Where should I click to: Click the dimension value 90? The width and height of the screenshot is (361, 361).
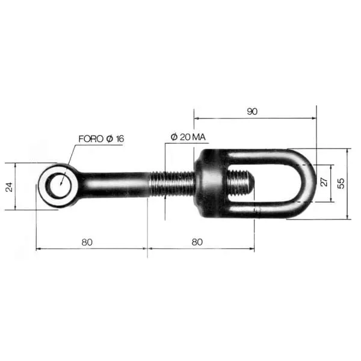[252, 111]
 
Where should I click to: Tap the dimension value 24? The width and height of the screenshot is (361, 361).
[9, 187]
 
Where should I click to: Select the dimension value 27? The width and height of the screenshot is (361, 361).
[324, 182]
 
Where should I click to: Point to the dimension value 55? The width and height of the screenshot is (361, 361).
[341, 184]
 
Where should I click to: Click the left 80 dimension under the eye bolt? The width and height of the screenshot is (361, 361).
[87, 242]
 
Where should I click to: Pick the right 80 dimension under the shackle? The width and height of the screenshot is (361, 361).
[197, 242]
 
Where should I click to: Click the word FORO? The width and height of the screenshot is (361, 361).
[91, 139]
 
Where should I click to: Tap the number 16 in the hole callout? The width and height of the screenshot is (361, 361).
[120, 138]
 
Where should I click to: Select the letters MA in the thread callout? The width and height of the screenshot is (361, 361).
[199, 137]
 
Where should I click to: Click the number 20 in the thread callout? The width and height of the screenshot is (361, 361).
[185, 137]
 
